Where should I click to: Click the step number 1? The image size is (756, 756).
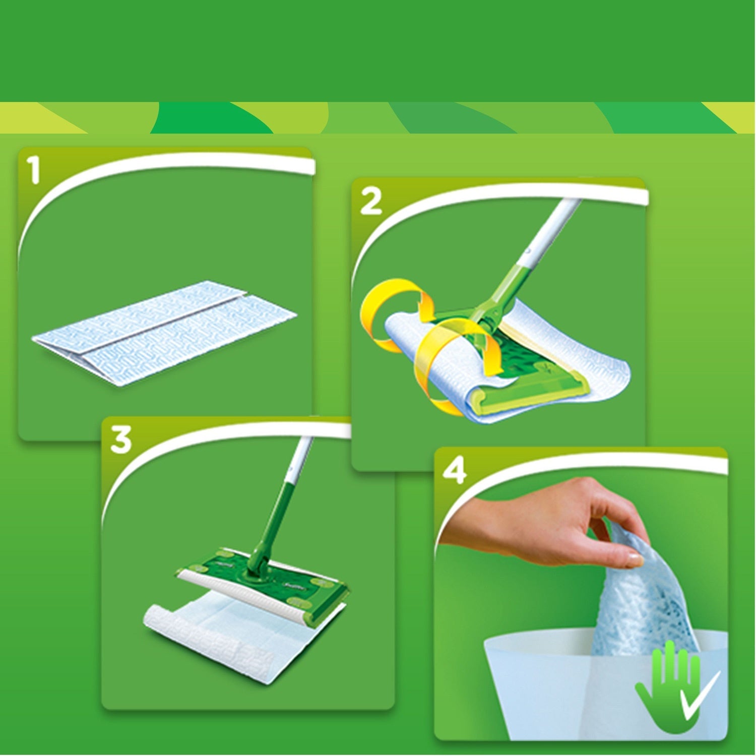coord(34,170)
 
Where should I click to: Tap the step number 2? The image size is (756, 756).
coord(371,202)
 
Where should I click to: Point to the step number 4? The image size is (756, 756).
coord(454,472)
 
